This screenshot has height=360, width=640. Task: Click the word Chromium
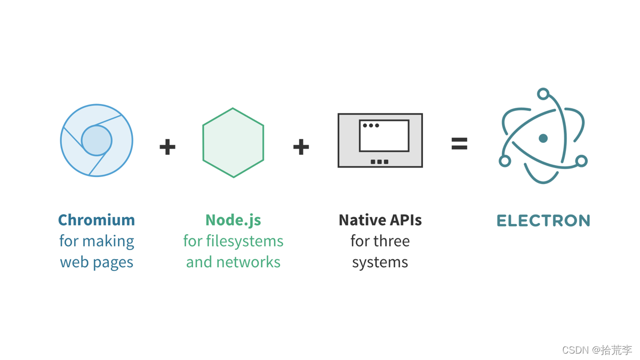pyautogui.click(x=97, y=220)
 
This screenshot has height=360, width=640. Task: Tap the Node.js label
pyautogui.click(x=233, y=220)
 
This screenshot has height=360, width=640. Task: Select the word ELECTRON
pyautogui.click(x=543, y=220)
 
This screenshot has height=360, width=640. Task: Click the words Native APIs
pyautogui.click(x=380, y=220)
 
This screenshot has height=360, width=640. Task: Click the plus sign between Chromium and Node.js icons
pyautogui.click(x=167, y=147)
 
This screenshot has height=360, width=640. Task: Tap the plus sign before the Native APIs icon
pyautogui.click(x=301, y=147)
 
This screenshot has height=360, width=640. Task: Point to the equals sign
pyautogui.click(x=459, y=143)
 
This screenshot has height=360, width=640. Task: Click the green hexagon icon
pyautogui.click(x=233, y=142)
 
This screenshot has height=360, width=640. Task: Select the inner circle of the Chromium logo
pyautogui.click(x=97, y=140)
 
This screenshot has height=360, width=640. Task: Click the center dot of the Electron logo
pyautogui.click(x=543, y=139)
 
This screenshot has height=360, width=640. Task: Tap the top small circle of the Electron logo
pyautogui.click(x=543, y=94)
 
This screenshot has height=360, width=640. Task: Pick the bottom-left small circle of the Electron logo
pyautogui.click(x=505, y=161)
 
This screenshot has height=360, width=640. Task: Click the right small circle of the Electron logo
pyautogui.click(x=581, y=161)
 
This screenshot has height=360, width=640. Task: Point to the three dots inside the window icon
pyautogui.click(x=371, y=126)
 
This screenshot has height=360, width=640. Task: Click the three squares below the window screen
pyautogui.click(x=379, y=162)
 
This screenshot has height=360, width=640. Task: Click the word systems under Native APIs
pyautogui.click(x=380, y=262)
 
